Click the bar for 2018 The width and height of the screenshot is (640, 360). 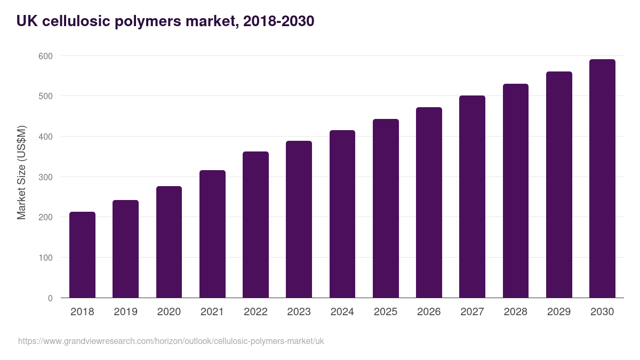pyautogui.click(x=82, y=255)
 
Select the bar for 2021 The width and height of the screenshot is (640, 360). pyautogui.click(x=212, y=234)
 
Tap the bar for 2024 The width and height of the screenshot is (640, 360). pyautogui.click(x=342, y=214)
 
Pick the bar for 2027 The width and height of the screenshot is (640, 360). pyautogui.click(x=472, y=197)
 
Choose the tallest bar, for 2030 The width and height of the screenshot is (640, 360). pyautogui.click(x=602, y=179)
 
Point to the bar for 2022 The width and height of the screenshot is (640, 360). pyautogui.click(x=255, y=225)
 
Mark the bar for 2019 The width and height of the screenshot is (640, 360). pyautogui.click(x=125, y=249)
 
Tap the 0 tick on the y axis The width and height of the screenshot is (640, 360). pyautogui.click(x=50, y=298)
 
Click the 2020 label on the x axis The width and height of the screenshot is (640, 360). pyautogui.click(x=169, y=312)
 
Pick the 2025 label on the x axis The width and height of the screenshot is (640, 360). pyautogui.click(x=386, y=312)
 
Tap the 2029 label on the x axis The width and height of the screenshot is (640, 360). pyautogui.click(x=559, y=312)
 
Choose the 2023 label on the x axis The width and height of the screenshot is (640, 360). pyautogui.click(x=299, y=312)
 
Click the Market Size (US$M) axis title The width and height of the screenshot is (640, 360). pyautogui.click(x=21, y=172)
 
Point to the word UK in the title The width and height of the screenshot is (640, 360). pyautogui.click(x=26, y=21)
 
